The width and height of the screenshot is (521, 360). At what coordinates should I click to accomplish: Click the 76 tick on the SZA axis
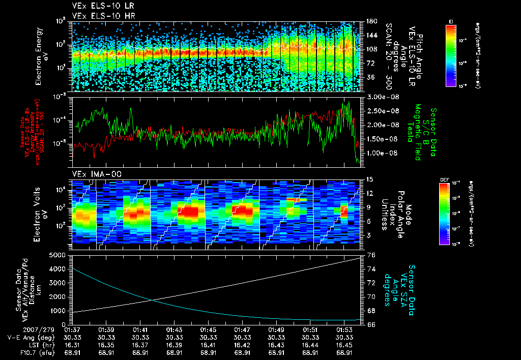coord(371,255)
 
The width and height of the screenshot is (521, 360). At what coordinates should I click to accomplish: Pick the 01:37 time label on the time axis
coord(72,330)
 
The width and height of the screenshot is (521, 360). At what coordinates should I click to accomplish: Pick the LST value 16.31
coord(72,344)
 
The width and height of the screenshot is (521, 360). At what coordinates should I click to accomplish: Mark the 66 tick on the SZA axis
coord(371,324)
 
